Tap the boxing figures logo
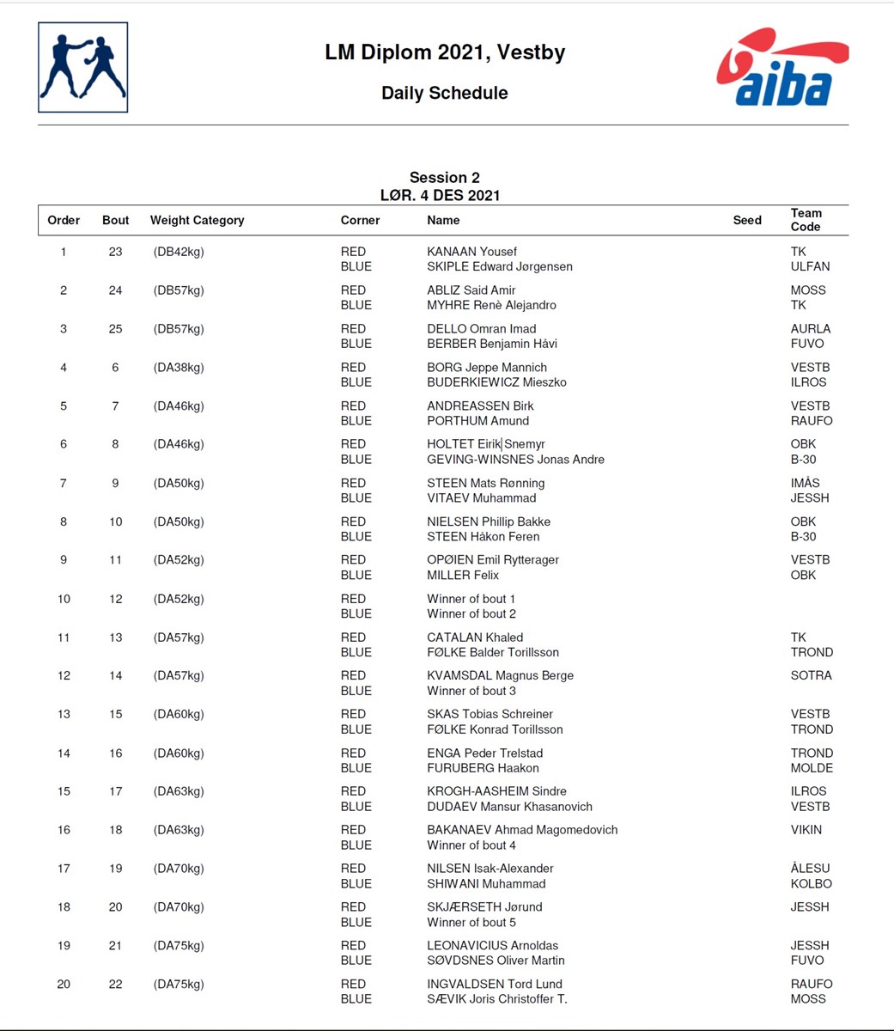pyautogui.click(x=83, y=68)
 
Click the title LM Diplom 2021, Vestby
pyautogui.click(x=445, y=52)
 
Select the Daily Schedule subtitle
pyautogui.click(x=445, y=93)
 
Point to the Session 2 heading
pyautogui.click(x=444, y=178)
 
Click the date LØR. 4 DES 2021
pyautogui.click(x=440, y=195)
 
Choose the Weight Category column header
pyautogui.click(x=197, y=220)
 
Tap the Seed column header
pyautogui.click(x=747, y=220)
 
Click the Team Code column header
pyautogui.click(x=806, y=220)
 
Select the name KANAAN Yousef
pyautogui.click(x=471, y=252)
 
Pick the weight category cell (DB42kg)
pyautogui.click(x=179, y=252)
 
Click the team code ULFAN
pyautogui.click(x=810, y=266)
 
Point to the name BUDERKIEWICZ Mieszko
pyautogui.click(x=496, y=382)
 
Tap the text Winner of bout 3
pyautogui.click(x=471, y=691)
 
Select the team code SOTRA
pyautogui.click(x=811, y=675)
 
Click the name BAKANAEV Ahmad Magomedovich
pyautogui.click(x=522, y=830)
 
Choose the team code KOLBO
pyautogui.click(x=811, y=883)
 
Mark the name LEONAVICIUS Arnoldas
pyautogui.click(x=492, y=945)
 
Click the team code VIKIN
pyautogui.click(x=806, y=830)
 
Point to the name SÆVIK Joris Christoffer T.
pyautogui.click(x=496, y=999)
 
